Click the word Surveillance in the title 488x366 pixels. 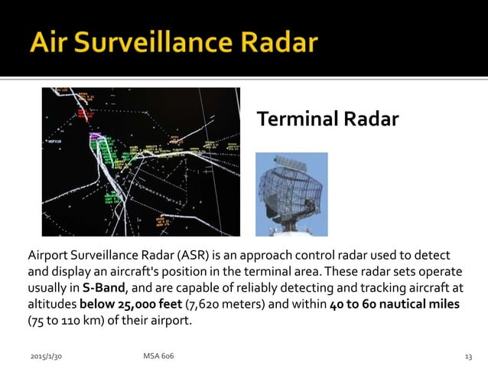coord(155,42)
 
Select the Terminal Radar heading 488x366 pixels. coord(327,119)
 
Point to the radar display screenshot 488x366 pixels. coord(141,161)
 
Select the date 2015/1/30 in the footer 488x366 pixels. coord(45,356)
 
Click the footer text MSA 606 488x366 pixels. coord(158,356)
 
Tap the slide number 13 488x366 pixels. coord(468,356)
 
